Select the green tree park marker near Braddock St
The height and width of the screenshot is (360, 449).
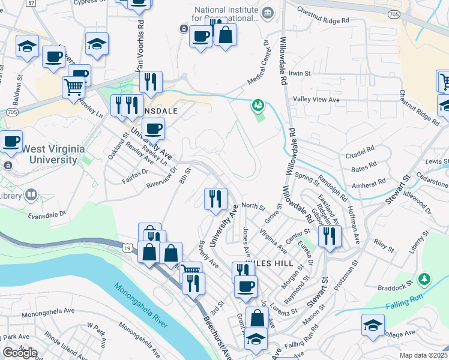coord(424,279)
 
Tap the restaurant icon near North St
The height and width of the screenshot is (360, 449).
coord(215,198)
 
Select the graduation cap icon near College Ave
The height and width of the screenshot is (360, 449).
coord(373,326)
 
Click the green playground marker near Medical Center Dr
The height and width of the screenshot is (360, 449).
coord(258,106)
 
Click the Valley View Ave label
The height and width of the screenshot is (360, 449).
coord(316,100)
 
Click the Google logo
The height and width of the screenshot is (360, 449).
coord(20,353)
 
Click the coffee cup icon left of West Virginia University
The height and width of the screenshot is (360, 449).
coord(11,142)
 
